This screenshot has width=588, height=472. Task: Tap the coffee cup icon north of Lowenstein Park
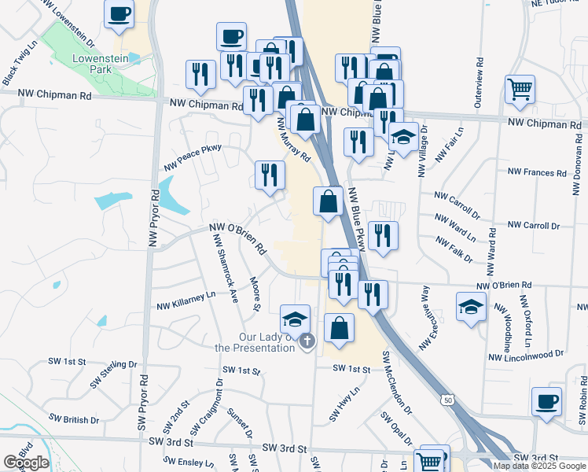[119, 15]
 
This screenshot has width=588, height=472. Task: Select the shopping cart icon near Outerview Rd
[520, 89]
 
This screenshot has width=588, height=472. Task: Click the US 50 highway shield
[447, 400]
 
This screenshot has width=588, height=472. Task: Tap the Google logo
[26, 463]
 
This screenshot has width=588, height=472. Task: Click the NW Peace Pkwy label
[193, 157]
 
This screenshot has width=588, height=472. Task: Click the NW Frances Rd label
[537, 172]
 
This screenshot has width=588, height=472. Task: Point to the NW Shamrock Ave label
[225, 267]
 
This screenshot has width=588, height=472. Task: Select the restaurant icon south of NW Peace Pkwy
[270, 175]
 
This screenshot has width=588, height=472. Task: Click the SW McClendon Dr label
[397, 382]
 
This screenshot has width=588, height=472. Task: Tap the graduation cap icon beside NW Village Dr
[403, 138]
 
